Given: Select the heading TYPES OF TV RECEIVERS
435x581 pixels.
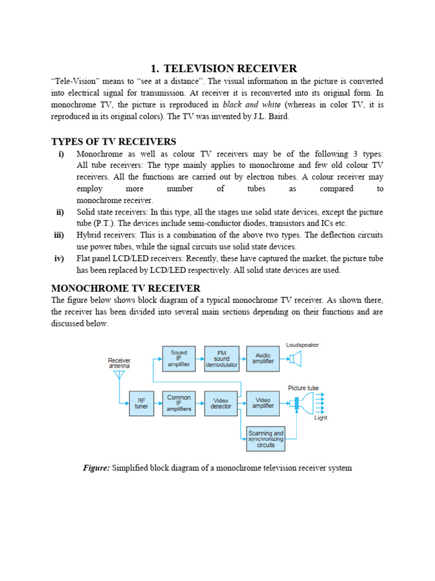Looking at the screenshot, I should [x=113, y=141].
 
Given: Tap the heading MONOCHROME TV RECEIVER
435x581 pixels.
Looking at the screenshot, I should [x=126, y=288].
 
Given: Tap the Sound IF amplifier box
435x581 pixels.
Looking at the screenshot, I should [x=179, y=359].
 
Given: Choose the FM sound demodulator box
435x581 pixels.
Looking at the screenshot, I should [x=221, y=359].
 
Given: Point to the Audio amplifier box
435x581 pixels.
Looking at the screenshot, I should [x=263, y=359].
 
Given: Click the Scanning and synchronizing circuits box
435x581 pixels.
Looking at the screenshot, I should [x=266, y=439].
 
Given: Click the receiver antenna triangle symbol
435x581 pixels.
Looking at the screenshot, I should [x=119, y=376].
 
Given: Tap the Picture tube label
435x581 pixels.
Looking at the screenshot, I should [x=303, y=388].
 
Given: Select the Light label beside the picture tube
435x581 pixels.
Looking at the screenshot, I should [x=321, y=418].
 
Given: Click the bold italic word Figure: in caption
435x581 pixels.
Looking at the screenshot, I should [x=96, y=468].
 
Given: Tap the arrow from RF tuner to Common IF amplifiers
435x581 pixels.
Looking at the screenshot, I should [x=158, y=403].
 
